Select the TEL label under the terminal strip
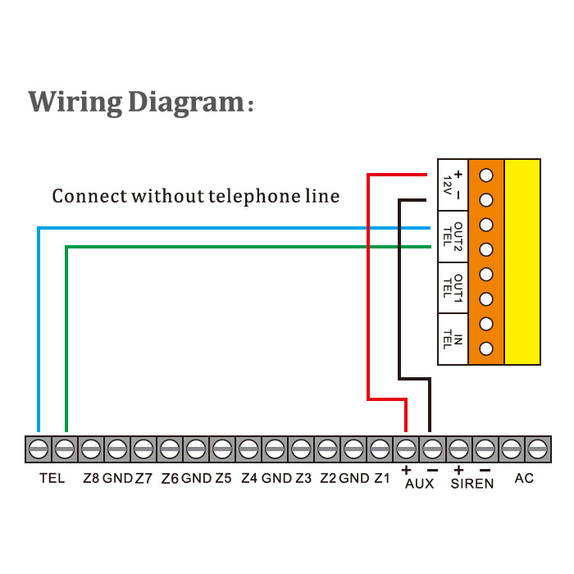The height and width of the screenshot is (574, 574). pyautogui.click(x=52, y=478)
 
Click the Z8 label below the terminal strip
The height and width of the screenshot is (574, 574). pyautogui.click(x=90, y=478)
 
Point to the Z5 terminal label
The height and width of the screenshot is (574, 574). pyautogui.click(x=223, y=478)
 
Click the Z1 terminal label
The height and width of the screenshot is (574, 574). pyautogui.click(x=381, y=478)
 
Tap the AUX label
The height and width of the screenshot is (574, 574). pyautogui.click(x=419, y=484)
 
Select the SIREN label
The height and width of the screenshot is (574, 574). pyautogui.click(x=472, y=484)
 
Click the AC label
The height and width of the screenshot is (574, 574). pyautogui.click(x=524, y=478)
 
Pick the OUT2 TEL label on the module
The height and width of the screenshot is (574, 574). pyautogui.click(x=453, y=236)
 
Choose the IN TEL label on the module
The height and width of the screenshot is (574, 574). pyautogui.click(x=453, y=337)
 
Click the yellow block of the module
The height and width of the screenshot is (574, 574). pyautogui.click(x=522, y=261)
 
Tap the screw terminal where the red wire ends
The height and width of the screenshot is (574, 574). pyautogui.click(x=406, y=449)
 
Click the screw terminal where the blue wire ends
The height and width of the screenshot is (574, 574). pyautogui.click(x=39, y=449)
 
